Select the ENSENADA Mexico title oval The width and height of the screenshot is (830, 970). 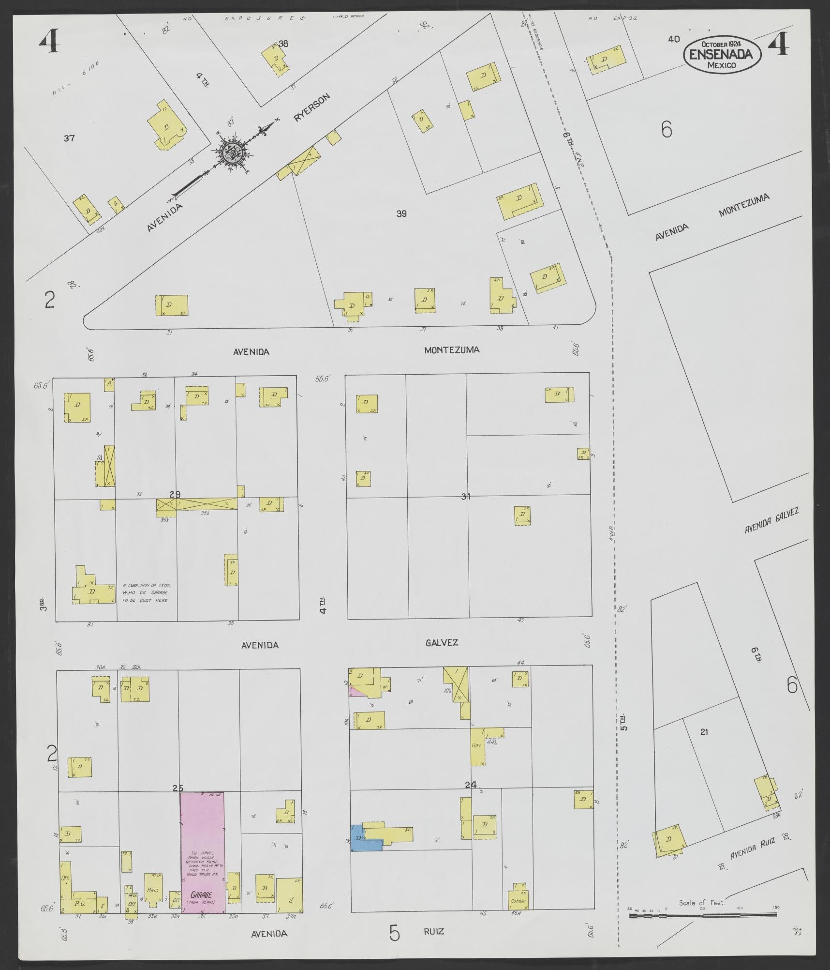pyautogui.click(x=722, y=55)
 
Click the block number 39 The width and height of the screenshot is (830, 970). pyautogui.click(x=401, y=213)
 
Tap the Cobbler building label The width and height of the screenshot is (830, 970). pyautogui.click(x=517, y=901)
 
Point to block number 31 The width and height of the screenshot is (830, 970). pyautogui.click(x=465, y=496)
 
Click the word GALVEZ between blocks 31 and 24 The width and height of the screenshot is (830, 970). pyautogui.click(x=442, y=643)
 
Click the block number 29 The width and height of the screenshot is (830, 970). pyautogui.click(x=175, y=494)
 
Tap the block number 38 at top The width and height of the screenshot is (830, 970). pyautogui.click(x=283, y=44)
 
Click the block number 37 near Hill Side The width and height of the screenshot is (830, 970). pyautogui.click(x=69, y=138)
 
